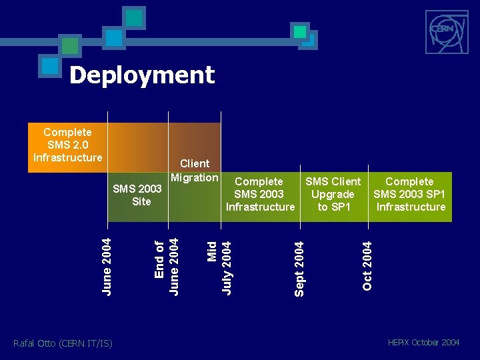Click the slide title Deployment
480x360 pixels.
[x=142, y=75]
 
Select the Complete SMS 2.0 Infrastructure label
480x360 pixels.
[x=67, y=145]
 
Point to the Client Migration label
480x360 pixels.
[x=195, y=171]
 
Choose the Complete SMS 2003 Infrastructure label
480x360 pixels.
[x=260, y=194]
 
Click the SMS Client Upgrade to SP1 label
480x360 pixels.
[x=333, y=194]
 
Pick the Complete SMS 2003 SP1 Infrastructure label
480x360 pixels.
[x=409, y=194]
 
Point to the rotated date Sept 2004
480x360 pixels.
[x=299, y=268]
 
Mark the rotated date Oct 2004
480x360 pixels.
[x=367, y=265]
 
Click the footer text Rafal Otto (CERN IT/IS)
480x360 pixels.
[x=63, y=343]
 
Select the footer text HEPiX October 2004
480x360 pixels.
[x=423, y=343]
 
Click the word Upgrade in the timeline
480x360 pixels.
[x=333, y=194]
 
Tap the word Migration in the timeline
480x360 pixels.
[x=195, y=177]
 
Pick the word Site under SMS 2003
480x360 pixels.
[x=141, y=201]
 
